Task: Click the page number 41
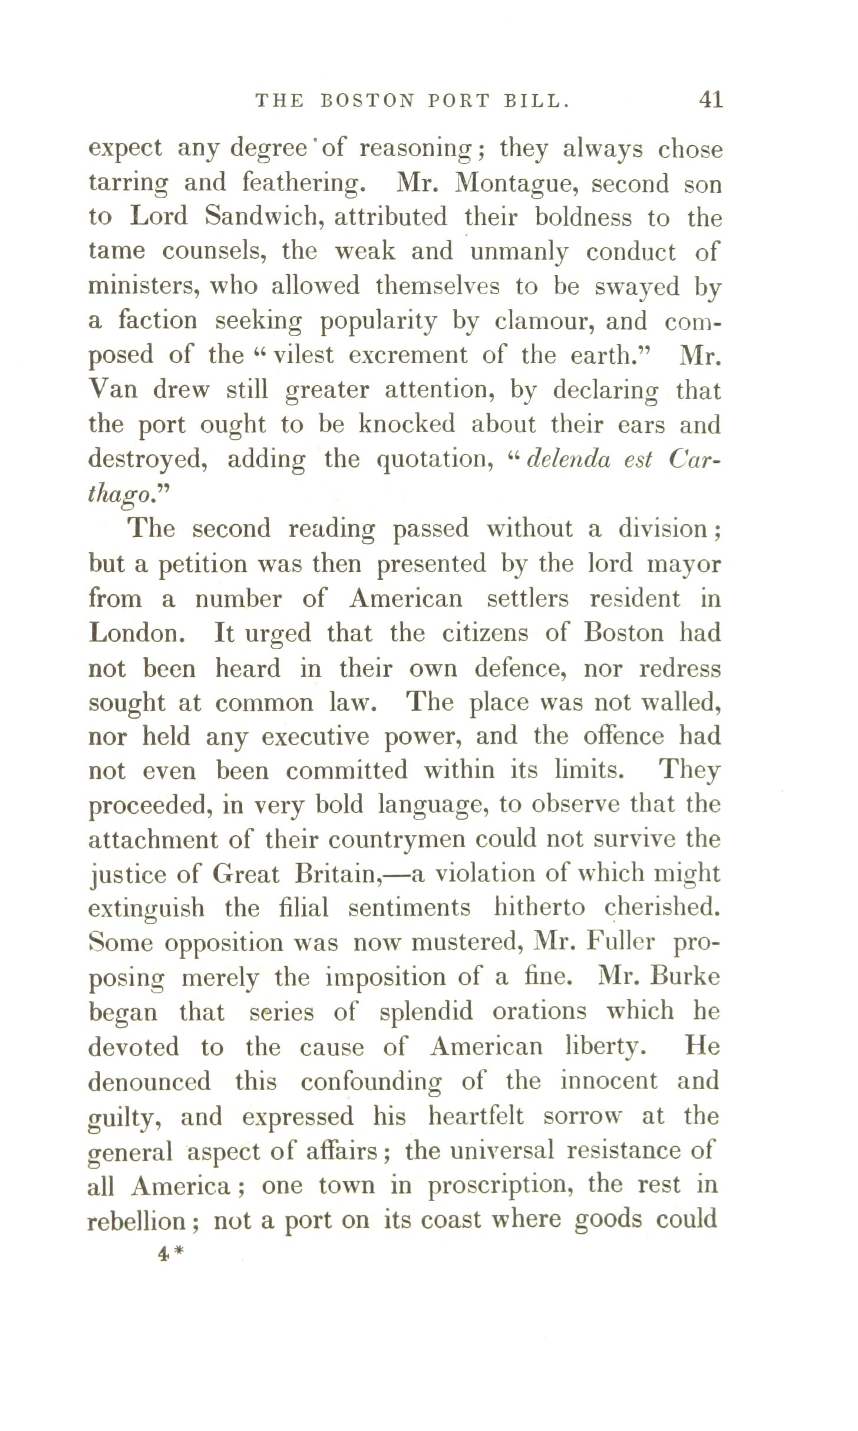click(x=710, y=100)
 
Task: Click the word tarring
click(x=128, y=185)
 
